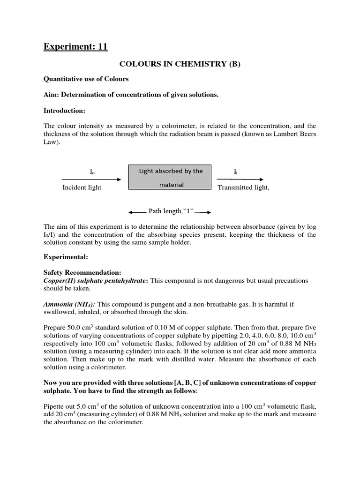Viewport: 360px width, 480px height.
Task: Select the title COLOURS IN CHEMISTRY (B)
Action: tap(180, 64)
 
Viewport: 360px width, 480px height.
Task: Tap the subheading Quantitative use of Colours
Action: tap(86, 79)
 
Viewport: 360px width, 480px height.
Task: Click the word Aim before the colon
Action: tap(51, 95)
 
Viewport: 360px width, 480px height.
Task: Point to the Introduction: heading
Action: tap(64, 111)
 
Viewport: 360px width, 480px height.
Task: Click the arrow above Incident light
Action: tap(91, 180)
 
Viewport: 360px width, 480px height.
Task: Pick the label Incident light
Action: tap(82, 187)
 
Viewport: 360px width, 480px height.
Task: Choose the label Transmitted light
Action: tap(244, 187)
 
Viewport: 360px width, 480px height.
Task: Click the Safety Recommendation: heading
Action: tap(82, 272)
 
